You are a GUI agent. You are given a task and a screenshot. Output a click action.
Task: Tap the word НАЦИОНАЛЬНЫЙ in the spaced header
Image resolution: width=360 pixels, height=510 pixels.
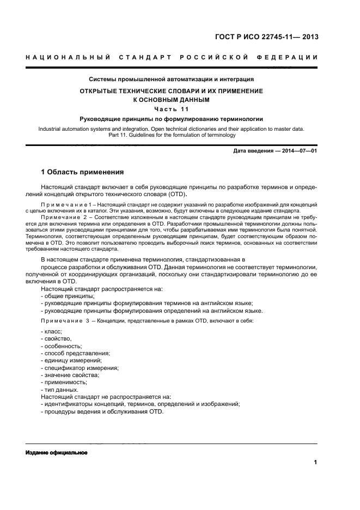pyautogui.click(x=68, y=58)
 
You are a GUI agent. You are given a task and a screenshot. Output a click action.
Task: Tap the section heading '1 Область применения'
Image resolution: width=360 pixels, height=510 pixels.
pyautogui.click(x=82, y=172)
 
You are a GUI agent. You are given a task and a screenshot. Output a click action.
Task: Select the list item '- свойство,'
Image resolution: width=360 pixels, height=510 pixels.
pyautogui.click(x=56, y=339)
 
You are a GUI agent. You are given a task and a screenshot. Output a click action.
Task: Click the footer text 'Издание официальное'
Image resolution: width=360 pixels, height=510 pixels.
pyautogui.click(x=56, y=453)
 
